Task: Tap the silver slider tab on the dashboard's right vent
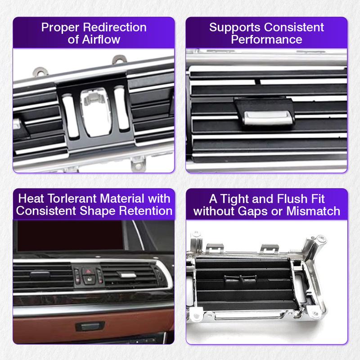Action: [126, 274]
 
